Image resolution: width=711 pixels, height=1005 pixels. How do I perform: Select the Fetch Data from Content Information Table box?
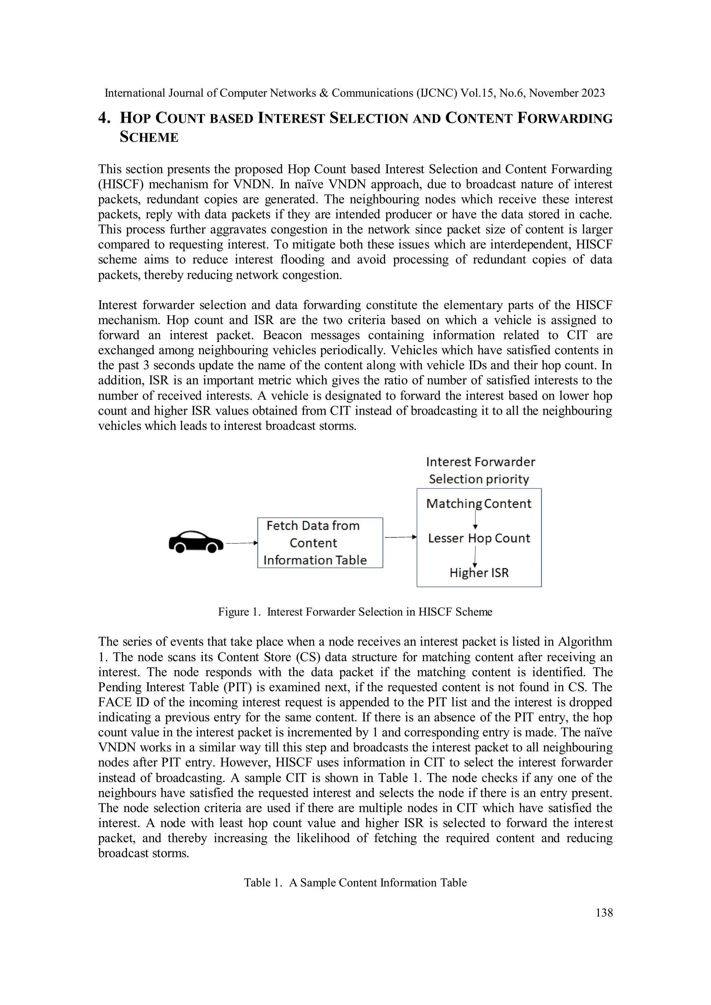pos(320,543)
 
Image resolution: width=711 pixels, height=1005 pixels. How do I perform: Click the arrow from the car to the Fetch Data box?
pos(242,543)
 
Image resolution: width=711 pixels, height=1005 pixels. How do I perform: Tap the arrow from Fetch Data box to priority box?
pos(400,537)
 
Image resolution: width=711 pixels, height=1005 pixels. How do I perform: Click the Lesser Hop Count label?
pos(479,538)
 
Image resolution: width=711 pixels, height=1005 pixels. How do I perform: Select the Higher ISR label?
pos(479,573)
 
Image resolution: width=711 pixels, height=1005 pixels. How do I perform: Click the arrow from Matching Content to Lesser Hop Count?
pos(476,521)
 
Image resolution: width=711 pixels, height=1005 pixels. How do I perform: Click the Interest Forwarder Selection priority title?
pos(480,471)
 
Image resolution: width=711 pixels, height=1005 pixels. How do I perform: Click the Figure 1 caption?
pos(355,612)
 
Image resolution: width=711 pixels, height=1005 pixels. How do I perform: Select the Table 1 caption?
pos(355,882)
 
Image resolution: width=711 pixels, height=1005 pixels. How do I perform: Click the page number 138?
pos(604,913)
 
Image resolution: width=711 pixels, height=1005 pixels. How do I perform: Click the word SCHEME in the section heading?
pos(149,137)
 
